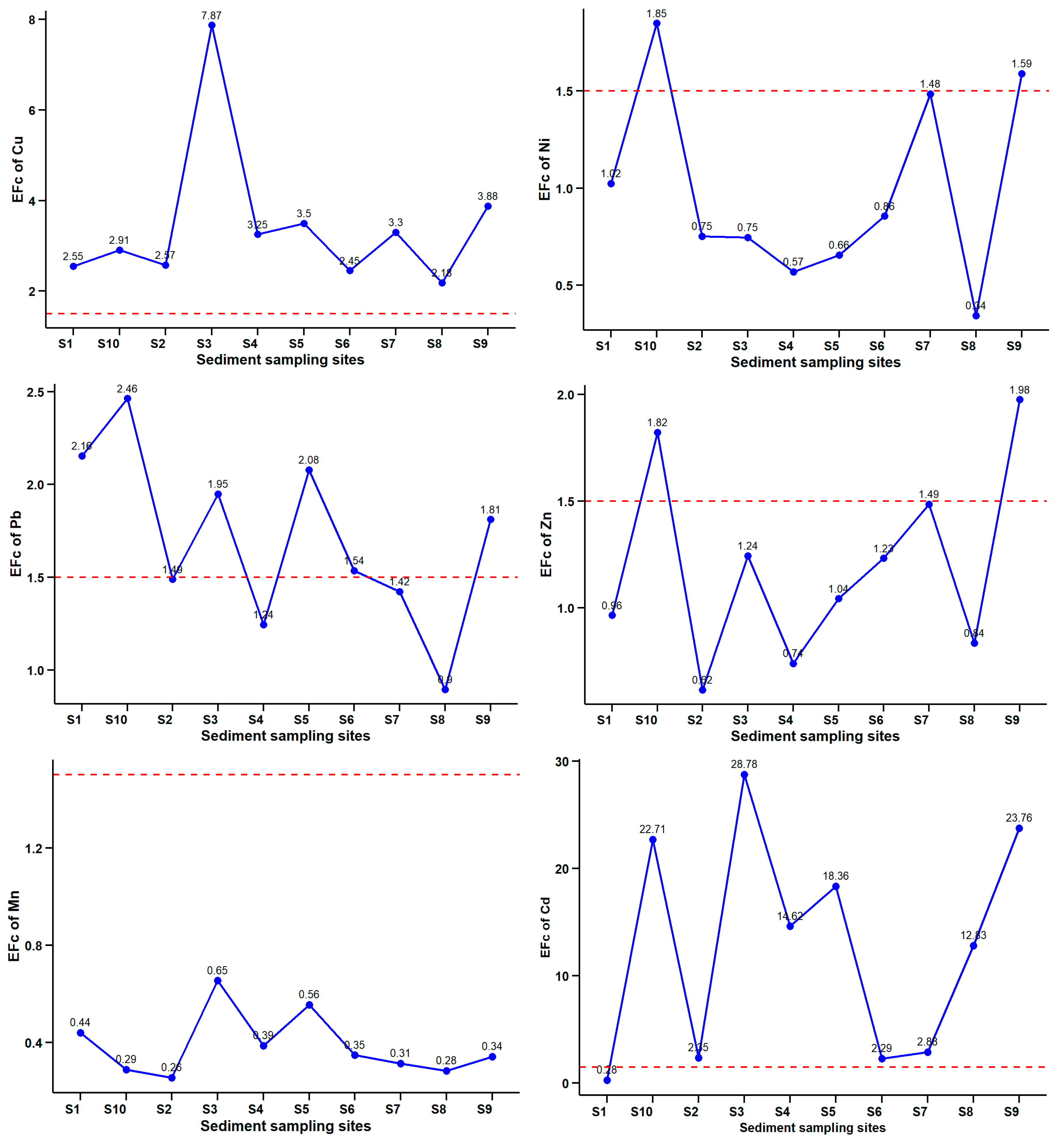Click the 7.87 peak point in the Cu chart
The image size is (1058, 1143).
(212, 25)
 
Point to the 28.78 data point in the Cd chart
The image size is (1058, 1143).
(744, 775)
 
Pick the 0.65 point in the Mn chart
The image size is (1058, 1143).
(217, 980)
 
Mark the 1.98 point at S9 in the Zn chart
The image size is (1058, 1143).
(1020, 400)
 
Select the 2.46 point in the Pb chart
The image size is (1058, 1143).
(128, 399)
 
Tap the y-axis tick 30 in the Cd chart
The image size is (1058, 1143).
(562, 762)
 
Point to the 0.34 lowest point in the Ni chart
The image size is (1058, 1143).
(976, 315)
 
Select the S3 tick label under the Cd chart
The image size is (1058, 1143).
(737, 1112)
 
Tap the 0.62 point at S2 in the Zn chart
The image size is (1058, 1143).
(703, 690)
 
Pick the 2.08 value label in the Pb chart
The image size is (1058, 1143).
(308, 460)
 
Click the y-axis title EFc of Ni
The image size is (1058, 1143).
(544, 169)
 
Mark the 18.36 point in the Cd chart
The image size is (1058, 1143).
(836, 886)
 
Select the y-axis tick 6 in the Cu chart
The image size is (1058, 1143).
(32, 111)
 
